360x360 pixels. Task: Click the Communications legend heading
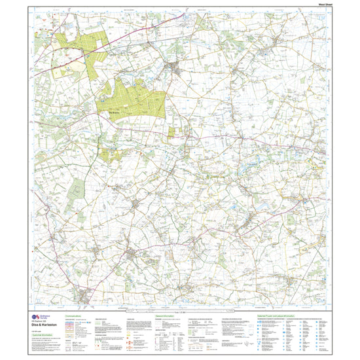[76, 314]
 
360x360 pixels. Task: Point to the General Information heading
[166, 314]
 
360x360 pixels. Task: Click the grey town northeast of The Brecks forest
[175, 67]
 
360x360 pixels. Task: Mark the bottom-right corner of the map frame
[331, 307]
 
